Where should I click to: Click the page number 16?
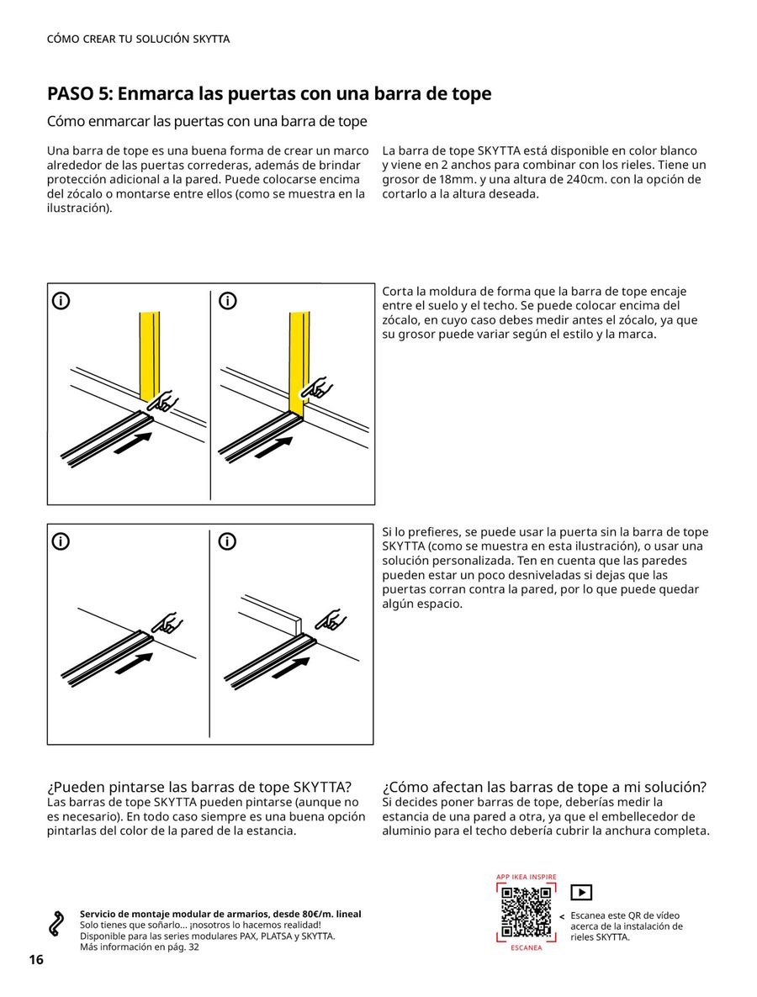(36, 960)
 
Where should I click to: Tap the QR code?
(526, 912)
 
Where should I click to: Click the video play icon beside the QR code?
(581, 893)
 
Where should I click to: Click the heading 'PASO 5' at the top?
(269, 93)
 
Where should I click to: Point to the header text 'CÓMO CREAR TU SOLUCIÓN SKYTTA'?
(138, 40)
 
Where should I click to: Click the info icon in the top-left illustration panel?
(61, 301)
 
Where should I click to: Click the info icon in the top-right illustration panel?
(227, 301)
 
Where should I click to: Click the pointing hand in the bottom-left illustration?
(166, 623)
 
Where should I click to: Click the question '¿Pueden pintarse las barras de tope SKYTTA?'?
(199, 787)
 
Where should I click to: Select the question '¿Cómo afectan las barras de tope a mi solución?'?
(544, 787)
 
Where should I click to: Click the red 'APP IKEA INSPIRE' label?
(526, 877)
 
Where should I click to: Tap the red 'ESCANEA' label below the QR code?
(526, 947)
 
